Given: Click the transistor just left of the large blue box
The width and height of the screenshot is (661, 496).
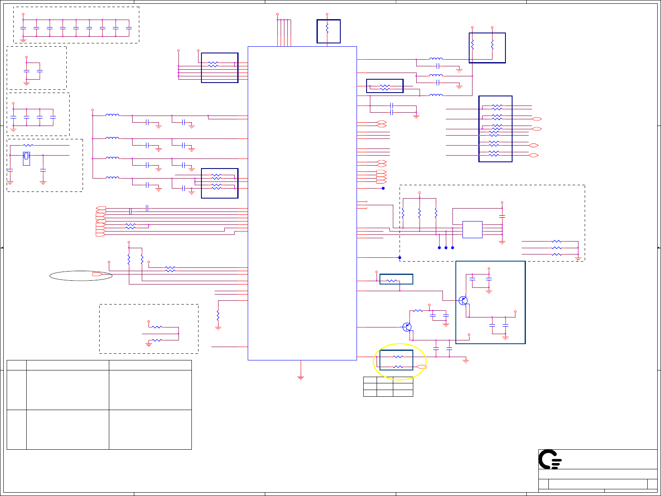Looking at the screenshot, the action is pyautogui.click(x=407, y=327).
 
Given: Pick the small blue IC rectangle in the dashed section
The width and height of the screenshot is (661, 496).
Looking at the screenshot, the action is pyautogui.click(x=472, y=229).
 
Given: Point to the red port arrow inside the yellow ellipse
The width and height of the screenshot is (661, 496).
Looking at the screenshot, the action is pyautogui.click(x=422, y=367).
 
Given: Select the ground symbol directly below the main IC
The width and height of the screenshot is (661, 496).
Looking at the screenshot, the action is pyautogui.click(x=300, y=378).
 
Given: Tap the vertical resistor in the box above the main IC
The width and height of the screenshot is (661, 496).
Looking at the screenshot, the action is pyautogui.click(x=327, y=28).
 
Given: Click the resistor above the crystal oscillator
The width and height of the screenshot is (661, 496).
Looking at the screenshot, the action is pyautogui.click(x=28, y=145).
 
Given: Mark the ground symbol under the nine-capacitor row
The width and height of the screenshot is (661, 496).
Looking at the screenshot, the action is pyautogui.click(x=23, y=40).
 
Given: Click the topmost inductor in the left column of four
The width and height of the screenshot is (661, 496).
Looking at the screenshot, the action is pyautogui.click(x=112, y=115).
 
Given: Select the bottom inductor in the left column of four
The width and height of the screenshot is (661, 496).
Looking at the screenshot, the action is pyautogui.click(x=112, y=178).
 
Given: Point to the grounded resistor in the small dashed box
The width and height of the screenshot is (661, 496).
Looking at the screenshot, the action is pyautogui.click(x=157, y=340).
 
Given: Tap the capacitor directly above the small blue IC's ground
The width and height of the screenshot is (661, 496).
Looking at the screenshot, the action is pyautogui.click(x=502, y=216).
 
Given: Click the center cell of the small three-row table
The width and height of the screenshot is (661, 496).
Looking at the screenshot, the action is pyautogui.click(x=385, y=386).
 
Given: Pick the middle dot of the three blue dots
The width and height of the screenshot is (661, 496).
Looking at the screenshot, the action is pyautogui.click(x=446, y=248).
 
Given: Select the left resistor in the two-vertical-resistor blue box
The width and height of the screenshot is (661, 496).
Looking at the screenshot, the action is pyautogui.click(x=473, y=44).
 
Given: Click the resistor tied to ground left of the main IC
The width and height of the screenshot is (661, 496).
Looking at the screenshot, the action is pyautogui.click(x=218, y=316).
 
